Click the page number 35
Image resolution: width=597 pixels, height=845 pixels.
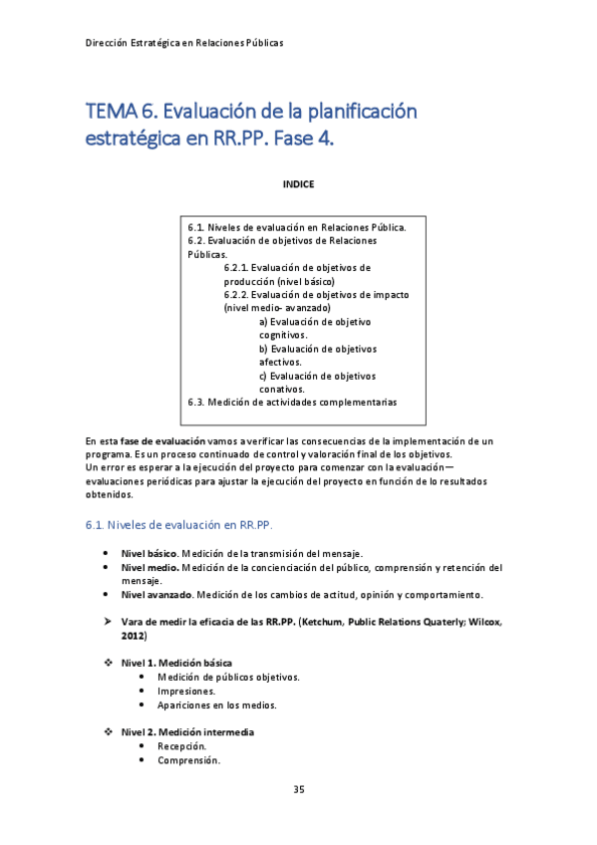[x=298, y=790]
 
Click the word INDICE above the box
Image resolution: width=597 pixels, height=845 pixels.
[x=298, y=184]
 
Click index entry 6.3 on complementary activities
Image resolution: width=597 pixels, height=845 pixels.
[x=292, y=403]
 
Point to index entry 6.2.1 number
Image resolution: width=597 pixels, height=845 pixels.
[x=236, y=267]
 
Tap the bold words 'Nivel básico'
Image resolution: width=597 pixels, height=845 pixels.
[x=149, y=553]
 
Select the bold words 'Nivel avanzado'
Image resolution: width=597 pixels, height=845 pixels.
[x=156, y=595]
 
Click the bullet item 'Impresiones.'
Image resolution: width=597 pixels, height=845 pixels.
[x=186, y=691]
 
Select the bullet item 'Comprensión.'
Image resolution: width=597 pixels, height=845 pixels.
[x=188, y=760]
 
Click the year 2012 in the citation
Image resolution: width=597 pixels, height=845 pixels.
[x=133, y=635]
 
